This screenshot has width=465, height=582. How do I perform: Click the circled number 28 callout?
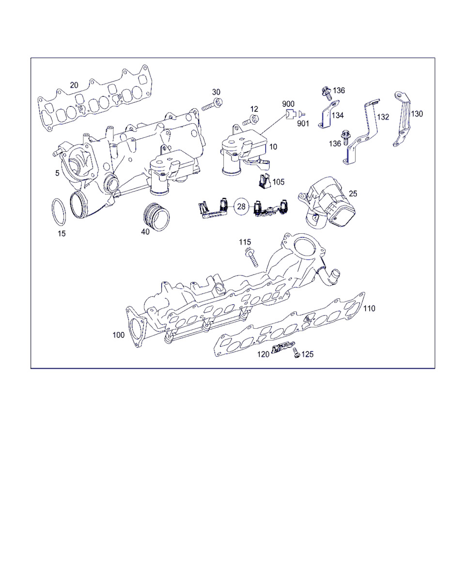242,207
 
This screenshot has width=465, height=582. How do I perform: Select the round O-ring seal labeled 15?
59,212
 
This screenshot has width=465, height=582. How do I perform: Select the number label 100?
119,335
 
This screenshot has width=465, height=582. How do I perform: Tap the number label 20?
74,85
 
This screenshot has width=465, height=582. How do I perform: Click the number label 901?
303,124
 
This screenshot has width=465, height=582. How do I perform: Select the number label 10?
274,146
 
